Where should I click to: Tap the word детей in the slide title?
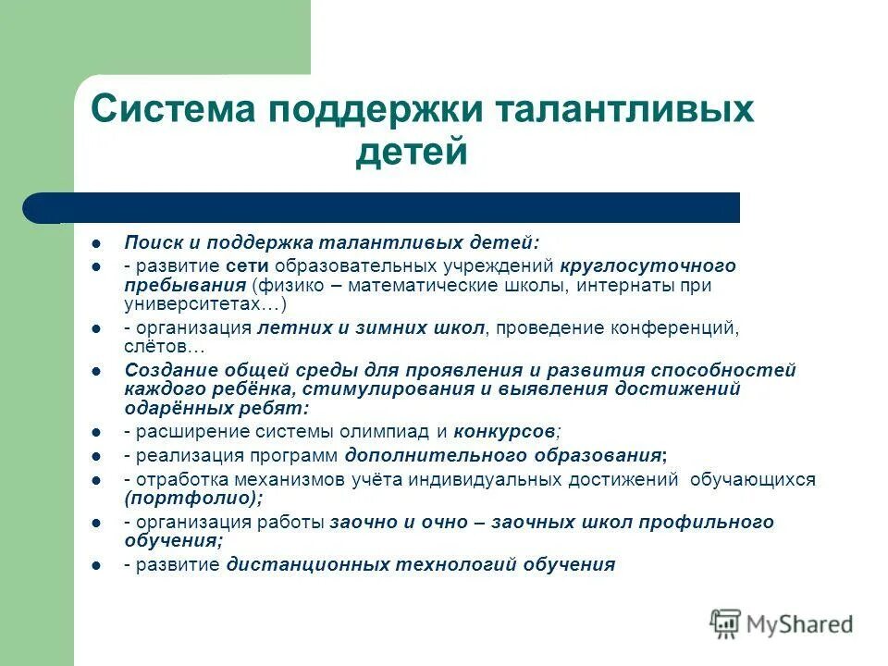(412, 153)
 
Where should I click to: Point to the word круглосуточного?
(647, 266)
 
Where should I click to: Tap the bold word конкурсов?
(505, 431)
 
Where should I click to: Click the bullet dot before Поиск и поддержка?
(96, 243)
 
